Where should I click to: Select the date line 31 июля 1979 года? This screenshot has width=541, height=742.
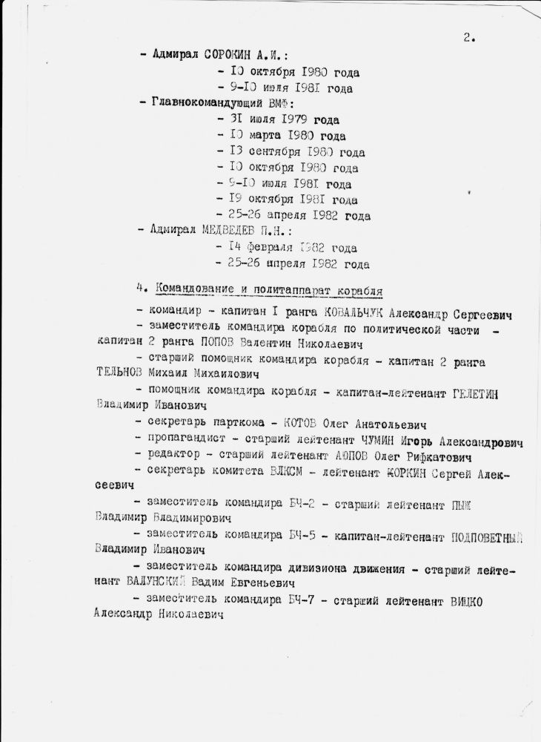282,119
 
